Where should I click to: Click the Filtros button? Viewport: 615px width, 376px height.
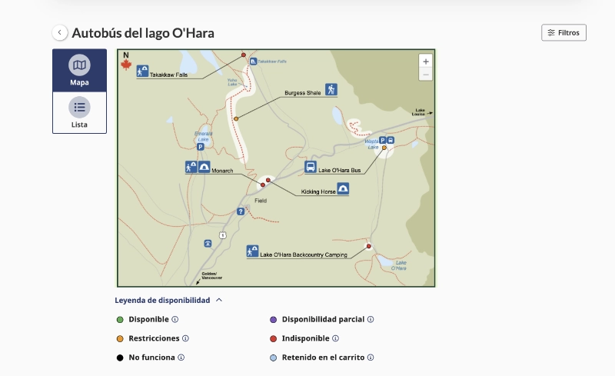[563, 33]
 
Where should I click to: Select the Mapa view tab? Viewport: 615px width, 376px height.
[79, 71]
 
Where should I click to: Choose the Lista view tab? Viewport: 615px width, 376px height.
[79, 112]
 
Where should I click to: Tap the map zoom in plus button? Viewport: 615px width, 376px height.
[426, 61]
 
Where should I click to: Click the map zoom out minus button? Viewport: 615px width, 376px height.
[426, 75]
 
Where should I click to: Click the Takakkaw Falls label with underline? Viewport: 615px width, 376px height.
[168, 75]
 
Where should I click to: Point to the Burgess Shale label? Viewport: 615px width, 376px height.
[303, 92]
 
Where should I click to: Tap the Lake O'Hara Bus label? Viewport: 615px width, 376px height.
[340, 170]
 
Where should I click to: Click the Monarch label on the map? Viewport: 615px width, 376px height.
[222, 170]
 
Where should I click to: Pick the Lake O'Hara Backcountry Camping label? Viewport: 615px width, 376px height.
[304, 255]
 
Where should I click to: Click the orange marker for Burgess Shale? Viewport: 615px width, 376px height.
[236, 118]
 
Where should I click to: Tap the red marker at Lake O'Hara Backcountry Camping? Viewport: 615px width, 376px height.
[369, 246]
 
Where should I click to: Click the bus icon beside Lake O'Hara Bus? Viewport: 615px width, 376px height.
[311, 167]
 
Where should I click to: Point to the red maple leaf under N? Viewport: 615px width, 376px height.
[126, 65]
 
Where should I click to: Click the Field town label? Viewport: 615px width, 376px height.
[261, 200]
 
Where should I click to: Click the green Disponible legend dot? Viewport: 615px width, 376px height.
[120, 319]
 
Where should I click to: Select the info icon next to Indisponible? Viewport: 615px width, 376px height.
[336, 338]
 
